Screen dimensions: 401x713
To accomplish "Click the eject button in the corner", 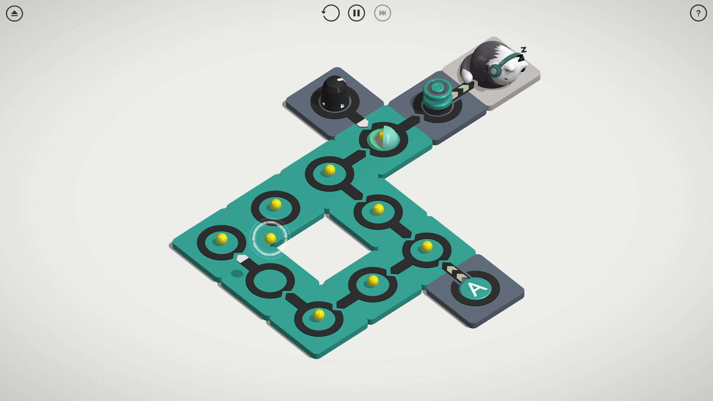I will click(14, 13).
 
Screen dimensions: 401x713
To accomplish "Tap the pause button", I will click(356, 13).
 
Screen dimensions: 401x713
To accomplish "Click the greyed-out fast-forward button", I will click(382, 13).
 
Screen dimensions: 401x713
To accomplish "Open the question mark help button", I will click(698, 13).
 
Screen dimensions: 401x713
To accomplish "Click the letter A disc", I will click(476, 288).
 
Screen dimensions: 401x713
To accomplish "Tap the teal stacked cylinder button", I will click(437, 94).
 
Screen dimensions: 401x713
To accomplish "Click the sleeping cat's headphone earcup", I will click(494, 70).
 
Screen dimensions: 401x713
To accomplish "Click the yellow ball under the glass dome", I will click(382, 136).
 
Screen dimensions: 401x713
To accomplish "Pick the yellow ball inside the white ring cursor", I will click(270, 238).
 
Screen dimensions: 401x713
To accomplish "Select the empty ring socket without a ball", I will click(270, 280).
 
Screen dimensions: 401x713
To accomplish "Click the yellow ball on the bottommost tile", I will click(318, 315).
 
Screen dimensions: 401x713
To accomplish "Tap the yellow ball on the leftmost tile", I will click(221, 238).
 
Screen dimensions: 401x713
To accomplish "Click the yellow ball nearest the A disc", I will click(427, 246).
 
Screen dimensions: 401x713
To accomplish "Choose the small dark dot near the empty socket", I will click(237, 274).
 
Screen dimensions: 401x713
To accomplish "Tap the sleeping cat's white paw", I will click(466, 76).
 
